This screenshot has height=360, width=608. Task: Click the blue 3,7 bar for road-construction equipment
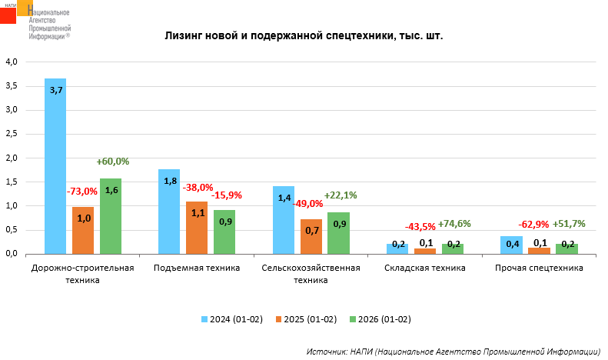[x=55, y=165]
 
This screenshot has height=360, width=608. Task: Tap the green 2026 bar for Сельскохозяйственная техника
[x=338, y=233]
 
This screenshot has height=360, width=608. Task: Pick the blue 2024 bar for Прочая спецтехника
[x=511, y=245]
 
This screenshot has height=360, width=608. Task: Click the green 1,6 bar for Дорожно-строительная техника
[x=111, y=215]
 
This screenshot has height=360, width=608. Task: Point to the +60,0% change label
[x=113, y=162]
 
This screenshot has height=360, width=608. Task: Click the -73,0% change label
[x=82, y=191]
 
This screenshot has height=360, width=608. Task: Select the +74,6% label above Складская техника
[x=454, y=224]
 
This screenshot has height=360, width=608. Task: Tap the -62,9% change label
[x=534, y=225]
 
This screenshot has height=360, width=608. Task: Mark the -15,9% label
[x=227, y=195]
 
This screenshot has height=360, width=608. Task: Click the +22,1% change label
[x=341, y=195]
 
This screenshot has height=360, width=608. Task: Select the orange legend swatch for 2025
[x=279, y=318]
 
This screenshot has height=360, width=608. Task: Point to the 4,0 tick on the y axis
[x=12, y=62]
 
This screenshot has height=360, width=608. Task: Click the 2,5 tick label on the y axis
[x=12, y=133]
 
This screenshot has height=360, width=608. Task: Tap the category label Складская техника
[x=426, y=268]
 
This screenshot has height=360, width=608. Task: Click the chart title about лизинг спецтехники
[x=304, y=36]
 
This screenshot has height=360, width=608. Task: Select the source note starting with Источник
[x=453, y=351]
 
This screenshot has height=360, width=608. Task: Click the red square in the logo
[x=8, y=14]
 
